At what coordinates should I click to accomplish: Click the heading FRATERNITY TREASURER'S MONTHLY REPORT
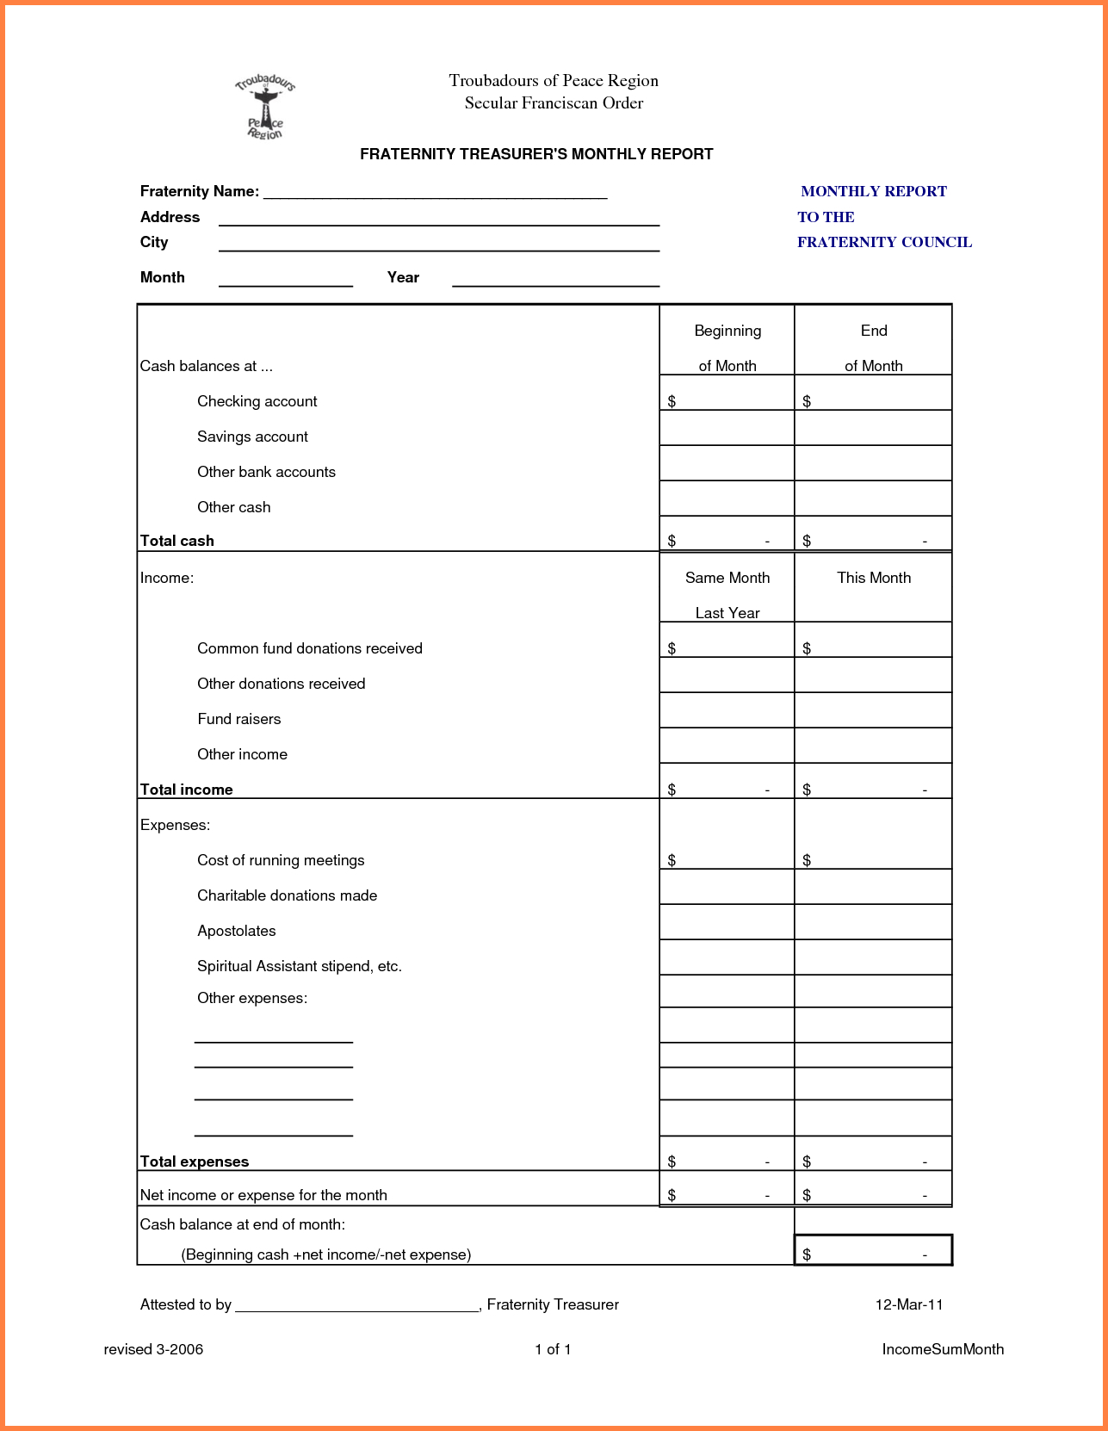click(x=536, y=154)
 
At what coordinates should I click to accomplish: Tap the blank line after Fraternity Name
click(x=435, y=193)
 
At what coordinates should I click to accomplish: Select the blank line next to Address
click(x=438, y=219)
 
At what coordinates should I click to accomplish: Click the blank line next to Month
click(x=286, y=279)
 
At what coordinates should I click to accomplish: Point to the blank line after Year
click(x=555, y=279)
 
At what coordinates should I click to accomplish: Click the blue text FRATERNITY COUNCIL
click(x=884, y=242)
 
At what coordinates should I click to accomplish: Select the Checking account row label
click(x=257, y=401)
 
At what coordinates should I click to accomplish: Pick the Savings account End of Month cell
click(x=873, y=429)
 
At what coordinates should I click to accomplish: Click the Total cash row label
click(x=177, y=541)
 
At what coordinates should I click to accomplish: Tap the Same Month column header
click(x=727, y=578)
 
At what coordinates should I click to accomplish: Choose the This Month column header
click(x=873, y=578)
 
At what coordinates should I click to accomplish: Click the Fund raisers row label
click(x=238, y=719)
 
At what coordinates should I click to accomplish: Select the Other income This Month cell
click(x=873, y=746)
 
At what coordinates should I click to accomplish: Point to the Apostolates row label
click(x=236, y=931)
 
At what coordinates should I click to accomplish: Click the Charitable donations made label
click(x=287, y=895)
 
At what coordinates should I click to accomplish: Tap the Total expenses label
click(x=195, y=1162)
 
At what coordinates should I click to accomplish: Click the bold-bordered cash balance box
click(x=873, y=1250)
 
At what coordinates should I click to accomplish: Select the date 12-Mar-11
click(x=909, y=1304)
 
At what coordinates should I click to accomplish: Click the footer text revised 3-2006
click(x=153, y=1349)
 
